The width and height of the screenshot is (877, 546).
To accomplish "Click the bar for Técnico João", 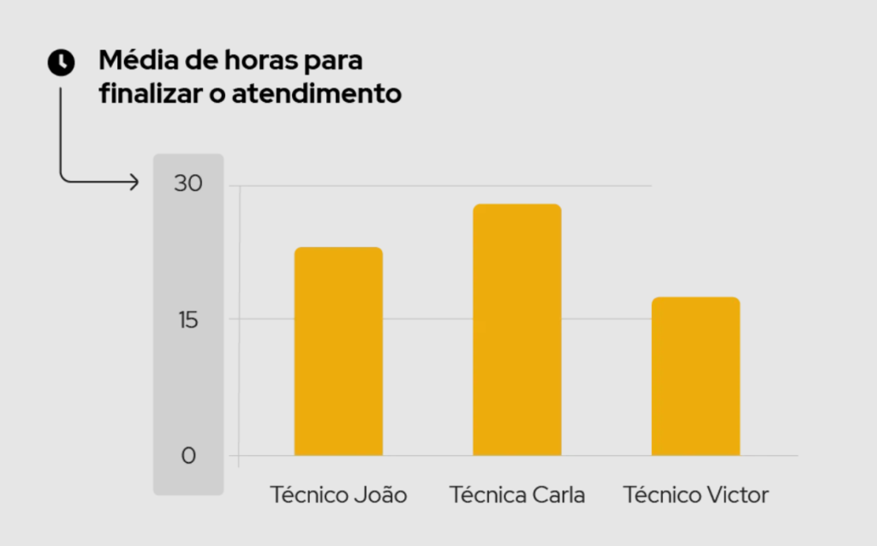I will pyautogui.click(x=338, y=351).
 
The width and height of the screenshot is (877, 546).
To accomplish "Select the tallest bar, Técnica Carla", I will pyautogui.click(x=516, y=330).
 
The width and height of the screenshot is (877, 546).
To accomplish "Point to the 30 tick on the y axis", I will pyautogui.click(x=188, y=184).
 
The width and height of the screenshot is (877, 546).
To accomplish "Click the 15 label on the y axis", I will pyautogui.click(x=188, y=320).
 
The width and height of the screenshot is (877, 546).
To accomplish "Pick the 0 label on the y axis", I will pyautogui.click(x=188, y=455).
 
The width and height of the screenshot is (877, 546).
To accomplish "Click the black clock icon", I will pyautogui.click(x=61, y=62).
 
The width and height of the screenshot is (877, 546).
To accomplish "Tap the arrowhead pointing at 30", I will pyautogui.click(x=134, y=181).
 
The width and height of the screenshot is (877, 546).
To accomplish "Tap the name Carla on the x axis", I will pyautogui.click(x=558, y=495).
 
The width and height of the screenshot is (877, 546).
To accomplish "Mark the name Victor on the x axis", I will pyautogui.click(x=737, y=495).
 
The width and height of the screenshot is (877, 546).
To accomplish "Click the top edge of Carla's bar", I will pyautogui.click(x=516, y=205).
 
